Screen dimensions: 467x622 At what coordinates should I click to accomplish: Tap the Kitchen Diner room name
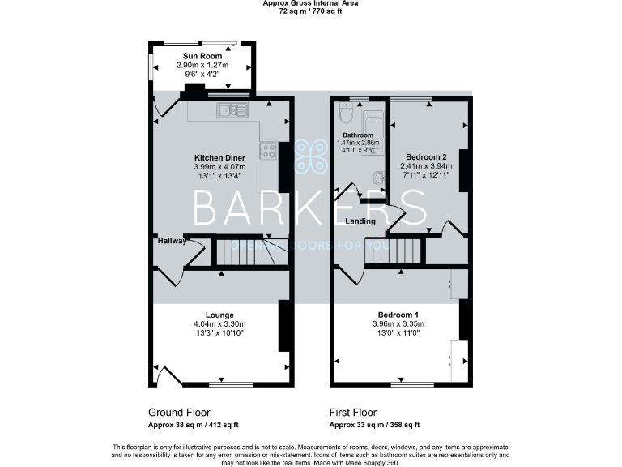click(219, 157)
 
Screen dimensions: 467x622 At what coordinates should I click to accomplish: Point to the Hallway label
click(172, 241)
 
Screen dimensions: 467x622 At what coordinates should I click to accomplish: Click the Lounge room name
click(220, 315)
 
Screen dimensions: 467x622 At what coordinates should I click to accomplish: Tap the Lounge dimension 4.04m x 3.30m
click(220, 324)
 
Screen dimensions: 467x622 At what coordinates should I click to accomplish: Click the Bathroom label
click(357, 135)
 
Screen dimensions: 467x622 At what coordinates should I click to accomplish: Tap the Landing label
click(360, 221)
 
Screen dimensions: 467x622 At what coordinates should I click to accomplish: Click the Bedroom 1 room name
click(398, 315)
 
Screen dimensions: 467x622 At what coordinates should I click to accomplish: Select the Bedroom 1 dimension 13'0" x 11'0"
click(398, 333)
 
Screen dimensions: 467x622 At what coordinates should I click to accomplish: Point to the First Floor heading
click(353, 413)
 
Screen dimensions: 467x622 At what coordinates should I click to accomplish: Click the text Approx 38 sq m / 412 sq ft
click(193, 425)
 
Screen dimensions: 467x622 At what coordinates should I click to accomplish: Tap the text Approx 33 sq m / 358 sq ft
click(374, 425)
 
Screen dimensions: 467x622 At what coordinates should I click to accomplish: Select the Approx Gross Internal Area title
click(311, 3)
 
